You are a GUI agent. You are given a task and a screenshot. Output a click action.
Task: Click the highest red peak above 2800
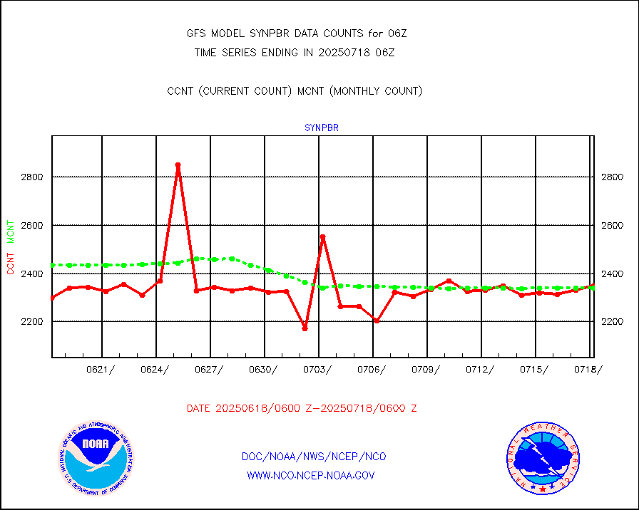point(178,165)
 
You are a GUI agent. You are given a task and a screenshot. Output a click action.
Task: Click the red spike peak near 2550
point(322,236)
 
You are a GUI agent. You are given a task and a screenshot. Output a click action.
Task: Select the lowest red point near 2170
point(305,328)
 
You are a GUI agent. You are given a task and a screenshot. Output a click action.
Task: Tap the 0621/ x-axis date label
point(101,369)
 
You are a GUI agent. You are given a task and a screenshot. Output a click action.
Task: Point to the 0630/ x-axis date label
point(262,369)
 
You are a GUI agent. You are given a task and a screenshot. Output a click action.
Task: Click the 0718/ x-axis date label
point(587,369)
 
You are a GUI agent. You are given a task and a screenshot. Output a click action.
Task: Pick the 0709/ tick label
point(425,369)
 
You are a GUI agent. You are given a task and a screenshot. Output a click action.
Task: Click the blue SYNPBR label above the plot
point(321,128)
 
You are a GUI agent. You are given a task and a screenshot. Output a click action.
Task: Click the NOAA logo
point(96,457)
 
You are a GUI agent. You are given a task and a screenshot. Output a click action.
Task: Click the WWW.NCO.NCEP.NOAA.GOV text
point(311,475)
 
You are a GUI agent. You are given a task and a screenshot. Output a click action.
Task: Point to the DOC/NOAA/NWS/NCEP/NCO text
point(314,457)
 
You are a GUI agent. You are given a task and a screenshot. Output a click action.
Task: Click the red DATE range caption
point(302,409)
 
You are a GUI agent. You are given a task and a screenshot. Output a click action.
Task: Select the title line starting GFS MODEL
point(296,33)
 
